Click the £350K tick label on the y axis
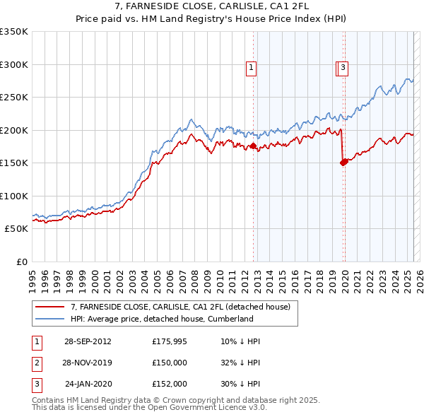pyautogui.click(x=14, y=32)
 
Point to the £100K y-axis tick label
pyautogui.click(x=14, y=196)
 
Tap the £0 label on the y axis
pyautogui.click(x=20, y=262)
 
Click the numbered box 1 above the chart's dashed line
pyautogui.click(x=251, y=68)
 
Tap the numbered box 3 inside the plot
pyautogui.click(x=343, y=68)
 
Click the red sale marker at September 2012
pyautogui.click(x=253, y=146)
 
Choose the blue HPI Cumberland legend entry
pyautogui.click(x=162, y=319)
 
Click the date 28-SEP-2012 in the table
pyautogui.click(x=88, y=341)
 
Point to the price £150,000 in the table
pyautogui.click(x=170, y=363)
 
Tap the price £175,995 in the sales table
pyautogui.click(x=170, y=341)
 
